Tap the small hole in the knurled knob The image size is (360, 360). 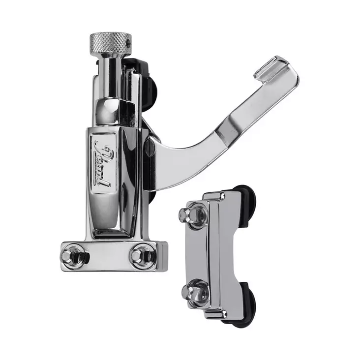pos(129,44)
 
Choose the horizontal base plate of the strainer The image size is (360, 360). pos(113,256)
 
